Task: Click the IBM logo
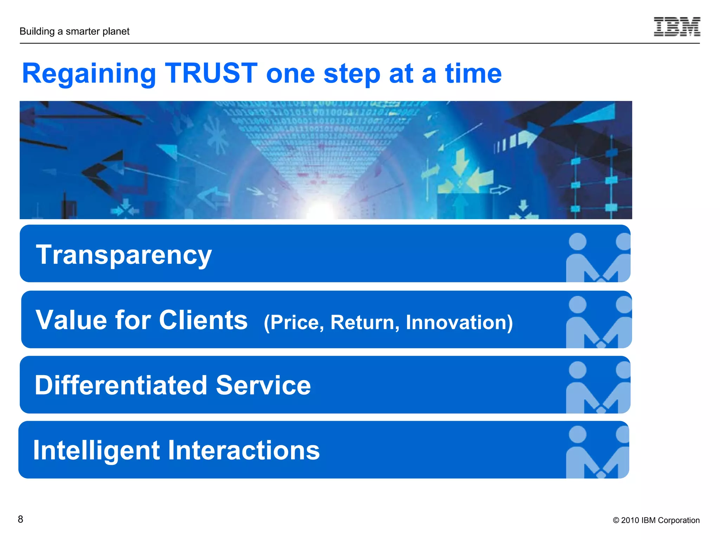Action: (677, 27)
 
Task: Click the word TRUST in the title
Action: (211, 73)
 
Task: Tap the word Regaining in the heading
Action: (89, 75)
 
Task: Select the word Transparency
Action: (124, 255)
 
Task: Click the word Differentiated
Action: (121, 385)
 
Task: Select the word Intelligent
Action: (96, 451)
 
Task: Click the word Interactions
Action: (244, 451)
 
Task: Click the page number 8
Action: (21, 519)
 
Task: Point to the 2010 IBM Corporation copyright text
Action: (656, 520)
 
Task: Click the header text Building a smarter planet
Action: (75, 31)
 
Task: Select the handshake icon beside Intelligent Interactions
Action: (598, 452)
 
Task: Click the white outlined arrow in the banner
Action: (500, 190)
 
